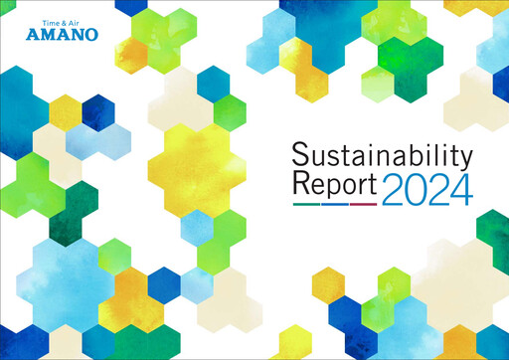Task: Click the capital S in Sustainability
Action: pyautogui.click(x=301, y=155)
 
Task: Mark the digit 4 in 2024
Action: pyautogui.click(x=458, y=188)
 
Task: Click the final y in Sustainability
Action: pyautogui.click(x=462, y=159)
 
